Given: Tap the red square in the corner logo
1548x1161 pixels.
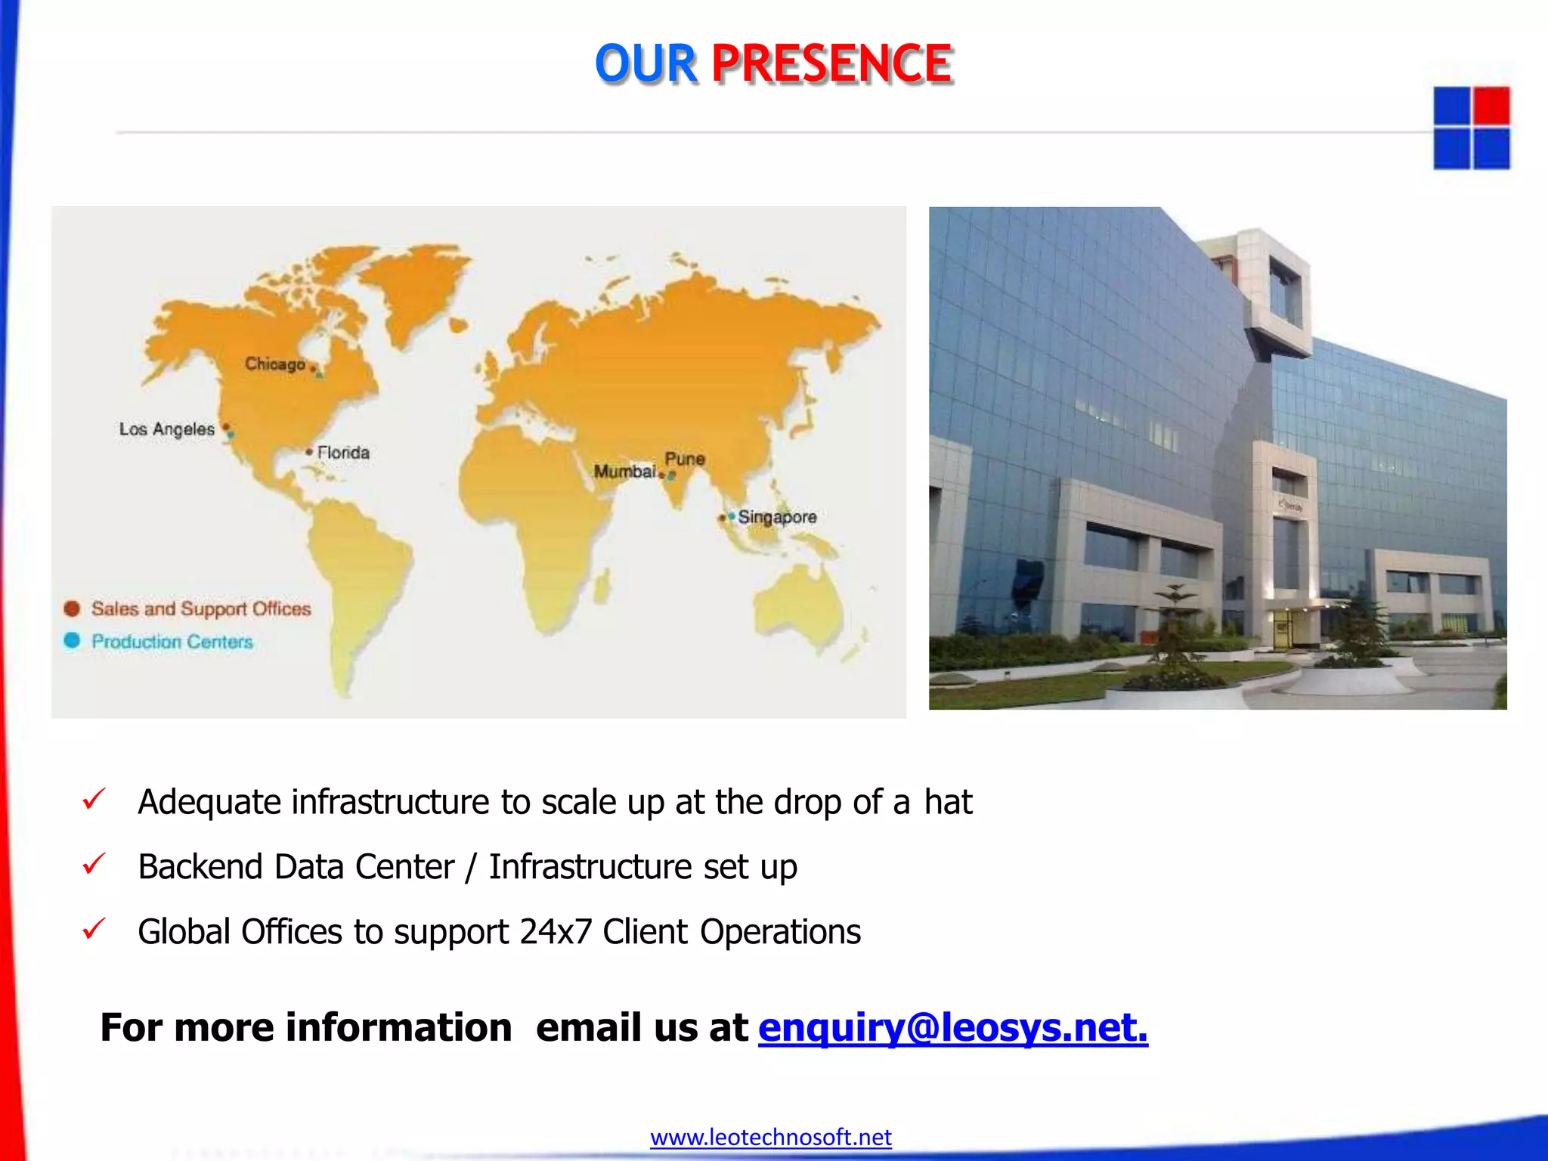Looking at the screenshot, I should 1491,106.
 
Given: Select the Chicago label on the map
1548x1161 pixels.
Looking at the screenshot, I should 274,364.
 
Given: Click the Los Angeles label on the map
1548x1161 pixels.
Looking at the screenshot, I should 167,429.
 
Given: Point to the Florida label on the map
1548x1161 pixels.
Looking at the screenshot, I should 343,452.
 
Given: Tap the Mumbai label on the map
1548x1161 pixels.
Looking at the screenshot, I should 624,471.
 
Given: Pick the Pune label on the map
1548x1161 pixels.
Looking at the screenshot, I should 685,458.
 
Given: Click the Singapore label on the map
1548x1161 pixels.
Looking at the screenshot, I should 777,517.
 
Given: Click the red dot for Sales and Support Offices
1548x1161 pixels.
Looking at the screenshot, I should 72,608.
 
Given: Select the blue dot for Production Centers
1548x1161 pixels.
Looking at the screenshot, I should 72,640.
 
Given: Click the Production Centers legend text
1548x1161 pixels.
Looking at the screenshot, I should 172,641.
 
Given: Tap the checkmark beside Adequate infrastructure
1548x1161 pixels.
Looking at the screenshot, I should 94,799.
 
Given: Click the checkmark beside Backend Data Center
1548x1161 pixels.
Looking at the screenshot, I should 94,864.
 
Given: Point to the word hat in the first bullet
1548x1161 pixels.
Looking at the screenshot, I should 948,802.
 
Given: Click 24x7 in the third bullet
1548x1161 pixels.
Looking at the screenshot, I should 556,931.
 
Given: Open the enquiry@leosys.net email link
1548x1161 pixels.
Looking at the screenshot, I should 952,1027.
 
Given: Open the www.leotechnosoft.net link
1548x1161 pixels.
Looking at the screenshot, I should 770,1137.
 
